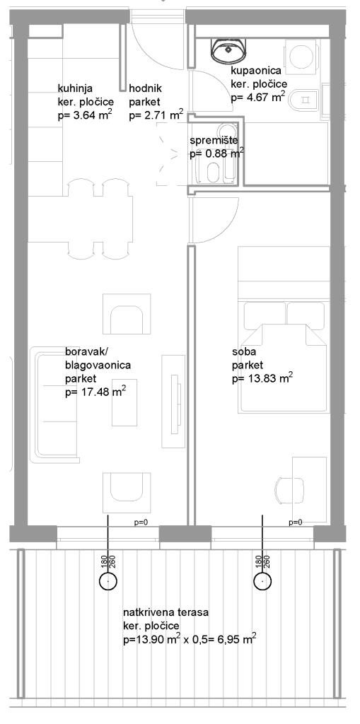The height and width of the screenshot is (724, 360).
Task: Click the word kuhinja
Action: tap(74, 88)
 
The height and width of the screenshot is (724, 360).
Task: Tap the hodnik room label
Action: tap(146, 88)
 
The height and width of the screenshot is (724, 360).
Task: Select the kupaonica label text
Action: tap(255, 71)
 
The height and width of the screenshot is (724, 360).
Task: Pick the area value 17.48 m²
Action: tap(103, 392)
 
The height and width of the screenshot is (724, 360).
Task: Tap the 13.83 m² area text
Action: tap(270, 378)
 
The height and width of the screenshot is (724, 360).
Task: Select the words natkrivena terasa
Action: tap(166, 613)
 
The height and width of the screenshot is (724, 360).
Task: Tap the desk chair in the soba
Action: tap(290, 491)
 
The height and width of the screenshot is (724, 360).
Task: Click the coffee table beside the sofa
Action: tap(124, 404)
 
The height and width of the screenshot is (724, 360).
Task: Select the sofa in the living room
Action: tap(53, 404)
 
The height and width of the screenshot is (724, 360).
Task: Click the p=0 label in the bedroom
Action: tap(296, 522)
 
